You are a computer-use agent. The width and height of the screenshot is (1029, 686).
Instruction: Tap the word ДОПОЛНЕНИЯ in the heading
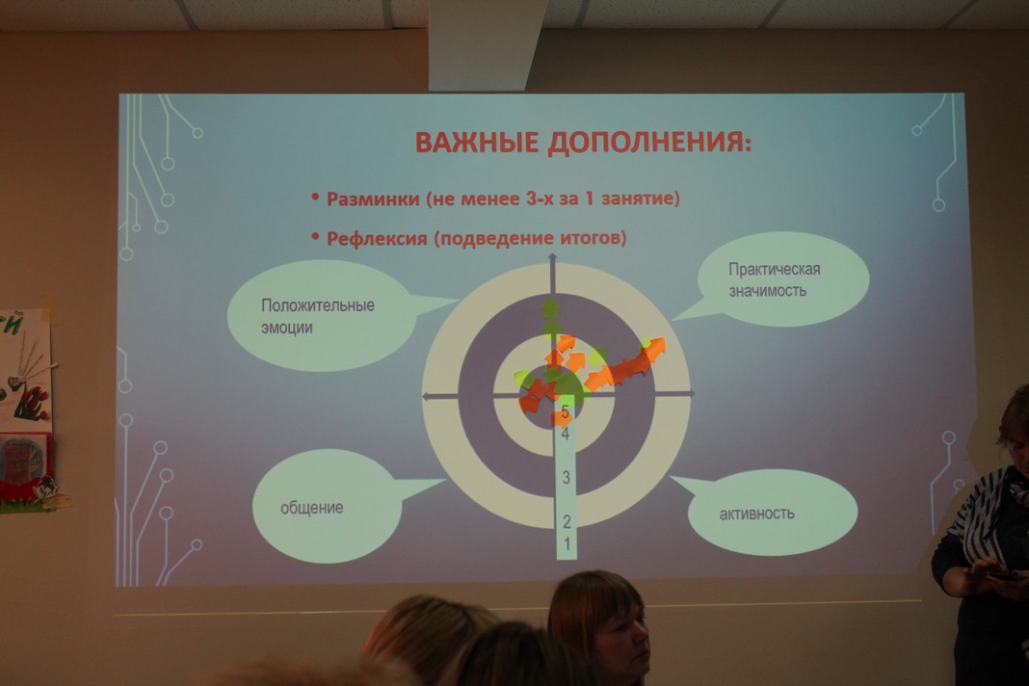(650, 143)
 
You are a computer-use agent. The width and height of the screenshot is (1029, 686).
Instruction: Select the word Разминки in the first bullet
(374, 198)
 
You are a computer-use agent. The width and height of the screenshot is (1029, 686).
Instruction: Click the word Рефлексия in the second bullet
(378, 238)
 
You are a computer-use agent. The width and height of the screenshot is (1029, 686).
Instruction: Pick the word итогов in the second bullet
(594, 237)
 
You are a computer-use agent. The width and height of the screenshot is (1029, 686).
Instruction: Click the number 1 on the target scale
(567, 543)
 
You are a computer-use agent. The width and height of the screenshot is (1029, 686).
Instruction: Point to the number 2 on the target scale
(567, 521)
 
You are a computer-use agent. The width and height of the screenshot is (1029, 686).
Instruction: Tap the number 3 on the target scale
(567, 477)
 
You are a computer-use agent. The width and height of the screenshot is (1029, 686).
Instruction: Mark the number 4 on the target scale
(565, 434)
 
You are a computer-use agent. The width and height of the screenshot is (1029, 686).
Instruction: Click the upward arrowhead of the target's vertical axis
(553, 258)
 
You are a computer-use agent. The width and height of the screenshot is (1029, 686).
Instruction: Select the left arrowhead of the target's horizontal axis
(427, 396)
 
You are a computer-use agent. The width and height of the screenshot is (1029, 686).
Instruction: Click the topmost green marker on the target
(550, 306)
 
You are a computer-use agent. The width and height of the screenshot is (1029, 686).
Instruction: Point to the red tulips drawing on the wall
(30, 402)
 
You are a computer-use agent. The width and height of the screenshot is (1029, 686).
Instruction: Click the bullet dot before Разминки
(316, 197)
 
